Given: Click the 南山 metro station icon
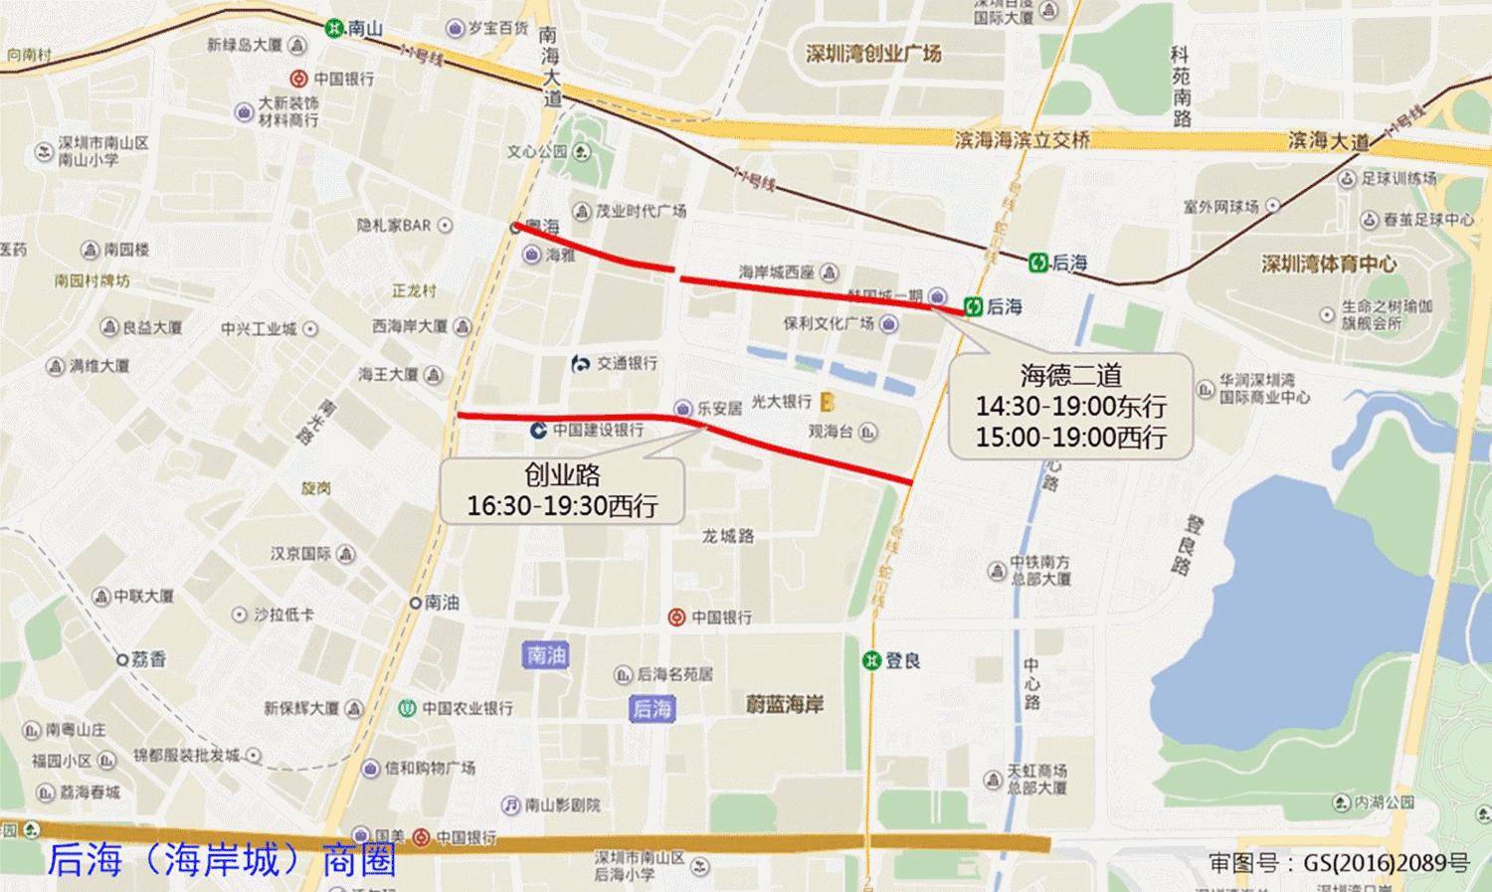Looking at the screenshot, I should [x=334, y=28].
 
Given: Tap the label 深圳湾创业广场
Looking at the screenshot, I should [x=872, y=54].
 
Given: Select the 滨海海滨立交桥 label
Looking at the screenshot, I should [x=1022, y=140].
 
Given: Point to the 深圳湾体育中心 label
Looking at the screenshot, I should [x=1328, y=264].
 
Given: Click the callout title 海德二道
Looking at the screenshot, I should [x=1070, y=375].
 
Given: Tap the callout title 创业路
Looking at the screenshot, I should [x=562, y=474].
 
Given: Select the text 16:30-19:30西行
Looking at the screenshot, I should [x=562, y=505].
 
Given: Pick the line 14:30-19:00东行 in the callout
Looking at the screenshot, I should [x=1070, y=406].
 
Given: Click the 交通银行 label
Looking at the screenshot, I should [x=626, y=363].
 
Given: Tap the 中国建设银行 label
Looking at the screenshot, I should [x=597, y=430].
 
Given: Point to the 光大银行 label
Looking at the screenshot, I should [x=781, y=401].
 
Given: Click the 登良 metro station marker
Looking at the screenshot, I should [x=872, y=660].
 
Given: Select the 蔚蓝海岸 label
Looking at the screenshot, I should [x=785, y=704].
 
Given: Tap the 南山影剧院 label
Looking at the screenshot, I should [x=562, y=803].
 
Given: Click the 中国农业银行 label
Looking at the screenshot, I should [x=466, y=708].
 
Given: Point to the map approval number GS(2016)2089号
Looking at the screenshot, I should [x=1338, y=862].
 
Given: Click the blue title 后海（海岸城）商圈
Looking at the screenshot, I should [x=222, y=859].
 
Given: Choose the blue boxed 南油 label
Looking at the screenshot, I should [x=545, y=654].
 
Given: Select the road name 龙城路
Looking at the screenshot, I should [x=728, y=536].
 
